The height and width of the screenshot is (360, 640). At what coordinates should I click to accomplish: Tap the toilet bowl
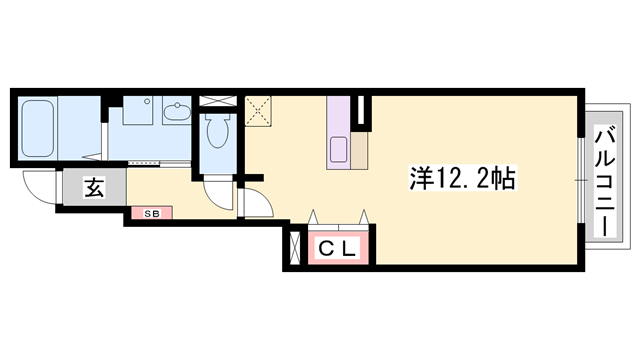click(x=216, y=129)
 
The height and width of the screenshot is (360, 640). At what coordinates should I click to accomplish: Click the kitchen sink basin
click(x=337, y=152)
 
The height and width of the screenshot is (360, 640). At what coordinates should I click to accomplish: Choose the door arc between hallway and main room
click(x=255, y=202)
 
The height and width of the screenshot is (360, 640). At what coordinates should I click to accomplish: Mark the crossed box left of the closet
click(x=294, y=249)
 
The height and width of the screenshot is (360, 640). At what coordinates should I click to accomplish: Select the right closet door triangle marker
click(x=364, y=215)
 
